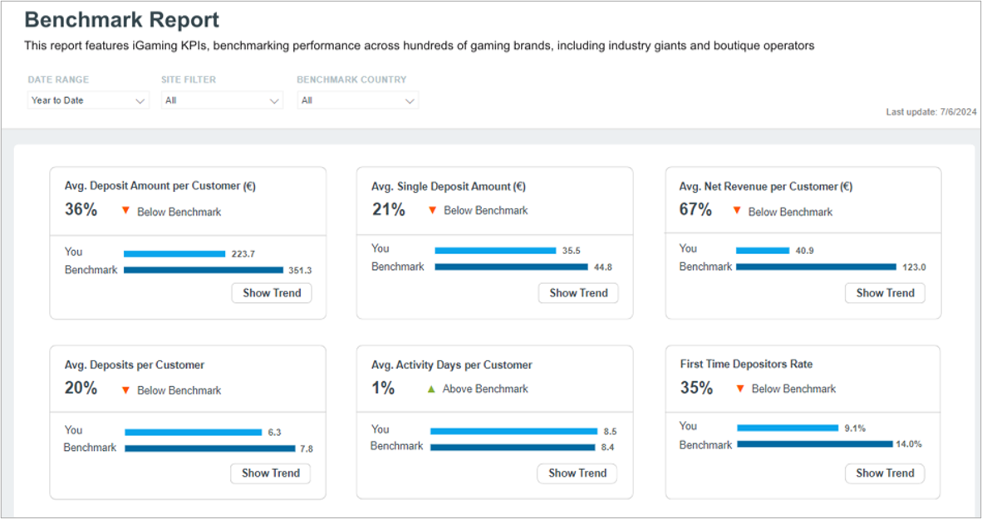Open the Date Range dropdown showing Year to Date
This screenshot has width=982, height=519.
click(x=88, y=100)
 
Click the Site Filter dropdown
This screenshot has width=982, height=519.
click(x=222, y=100)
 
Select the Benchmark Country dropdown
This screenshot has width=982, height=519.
click(x=357, y=100)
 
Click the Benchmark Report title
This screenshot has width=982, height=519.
click(x=121, y=20)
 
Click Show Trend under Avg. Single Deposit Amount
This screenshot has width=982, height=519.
click(x=578, y=293)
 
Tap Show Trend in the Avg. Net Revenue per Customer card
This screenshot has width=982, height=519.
click(x=885, y=293)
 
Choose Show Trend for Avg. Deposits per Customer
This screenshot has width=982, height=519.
click(x=271, y=473)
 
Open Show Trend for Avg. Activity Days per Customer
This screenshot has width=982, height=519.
click(x=577, y=473)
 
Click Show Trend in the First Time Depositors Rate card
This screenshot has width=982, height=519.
click(x=885, y=473)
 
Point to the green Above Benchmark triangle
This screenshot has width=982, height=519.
click(x=431, y=389)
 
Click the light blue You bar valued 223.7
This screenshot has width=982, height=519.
click(x=174, y=253)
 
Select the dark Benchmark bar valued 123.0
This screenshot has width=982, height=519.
click(x=816, y=267)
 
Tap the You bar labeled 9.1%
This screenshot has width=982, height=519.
click(x=788, y=428)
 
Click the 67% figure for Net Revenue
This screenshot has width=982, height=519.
click(x=695, y=210)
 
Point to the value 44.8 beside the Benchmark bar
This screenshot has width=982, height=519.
click(x=602, y=267)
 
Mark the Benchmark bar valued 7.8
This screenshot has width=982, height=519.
click(x=210, y=448)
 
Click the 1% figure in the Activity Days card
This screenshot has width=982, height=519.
click(x=383, y=388)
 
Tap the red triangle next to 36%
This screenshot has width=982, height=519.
click(x=125, y=211)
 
